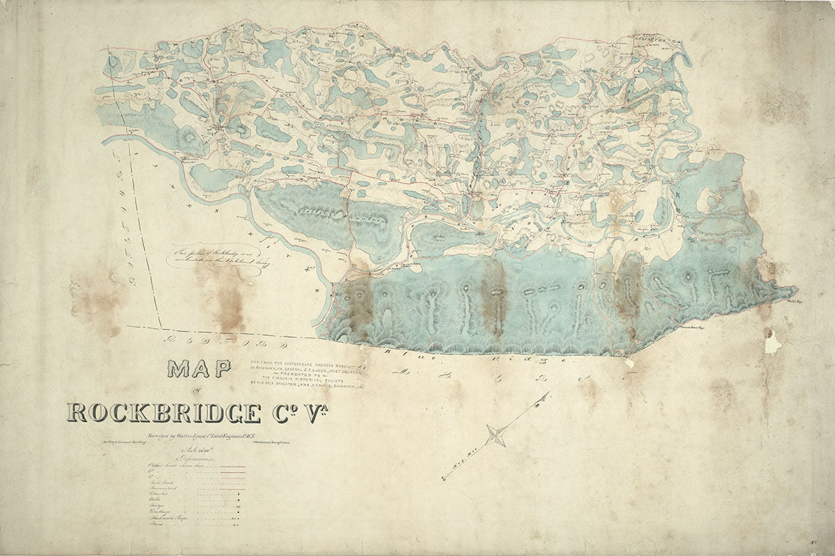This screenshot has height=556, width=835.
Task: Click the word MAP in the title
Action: (x=198, y=369)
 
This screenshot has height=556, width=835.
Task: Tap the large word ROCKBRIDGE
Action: (x=164, y=412)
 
